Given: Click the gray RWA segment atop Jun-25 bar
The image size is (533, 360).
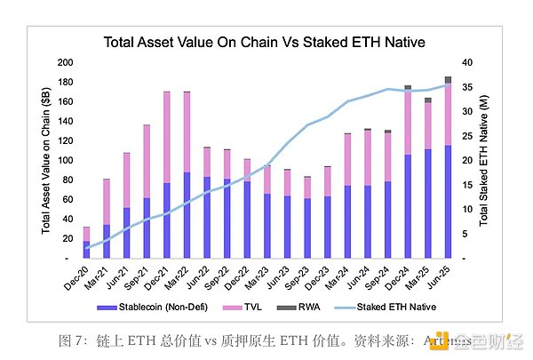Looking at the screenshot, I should point(448,80).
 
